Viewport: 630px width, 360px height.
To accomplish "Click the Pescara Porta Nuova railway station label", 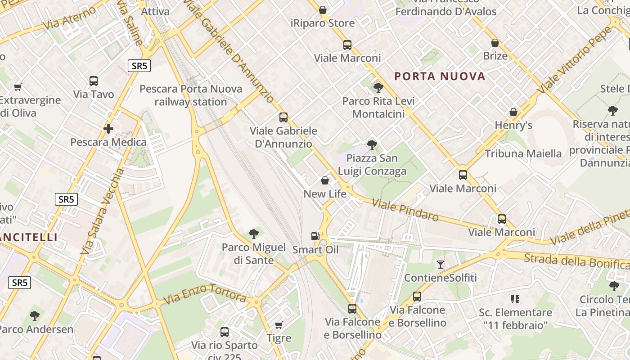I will pyautogui.click(x=191, y=95).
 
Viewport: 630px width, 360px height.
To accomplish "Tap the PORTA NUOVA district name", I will pyautogui.click(x=440, y=76).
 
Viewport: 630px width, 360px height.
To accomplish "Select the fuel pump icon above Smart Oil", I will pyautogui.click(x=315, y=236).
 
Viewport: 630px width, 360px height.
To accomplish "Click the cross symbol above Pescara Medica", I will pyautogui.click(x=108, y=129).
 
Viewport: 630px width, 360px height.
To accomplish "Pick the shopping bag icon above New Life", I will pyautogui.click(x=325, y=181).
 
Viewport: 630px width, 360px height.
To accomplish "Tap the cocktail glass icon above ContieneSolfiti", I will pyautogui.click(x=441, y=265).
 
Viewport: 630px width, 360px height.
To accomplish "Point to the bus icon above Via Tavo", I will pyautogui.click(x=94, y=81).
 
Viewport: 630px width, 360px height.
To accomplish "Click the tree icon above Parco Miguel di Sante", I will pyautogui.click(x=254, y=234).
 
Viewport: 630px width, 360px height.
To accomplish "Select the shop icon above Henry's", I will pyautogui.click(x=513, y=112).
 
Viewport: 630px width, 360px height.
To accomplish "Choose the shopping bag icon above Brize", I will pyautogui.click(x=495, y=43).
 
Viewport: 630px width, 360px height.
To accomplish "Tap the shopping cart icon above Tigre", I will pyautogui.click(x=279, y=325).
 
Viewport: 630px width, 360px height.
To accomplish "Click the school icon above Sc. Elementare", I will pyautogui.click(x=515, y=299).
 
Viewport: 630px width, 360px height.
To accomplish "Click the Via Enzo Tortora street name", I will pyautogui.click(x=204, y=294).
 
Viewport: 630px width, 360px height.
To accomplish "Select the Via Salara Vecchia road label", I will pyautogui.click(x=102, y=211).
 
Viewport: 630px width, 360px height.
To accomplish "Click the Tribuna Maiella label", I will pyautogui.click(x=523, y=153).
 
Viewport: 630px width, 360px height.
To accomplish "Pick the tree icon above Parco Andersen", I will pyautogui.click(x=35, y=316).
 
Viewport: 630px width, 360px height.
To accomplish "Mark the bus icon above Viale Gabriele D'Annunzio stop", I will pyautogui.click(x=283, y=117).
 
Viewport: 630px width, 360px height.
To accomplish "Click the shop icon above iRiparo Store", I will pyautogui.click(x=323, y=10).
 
